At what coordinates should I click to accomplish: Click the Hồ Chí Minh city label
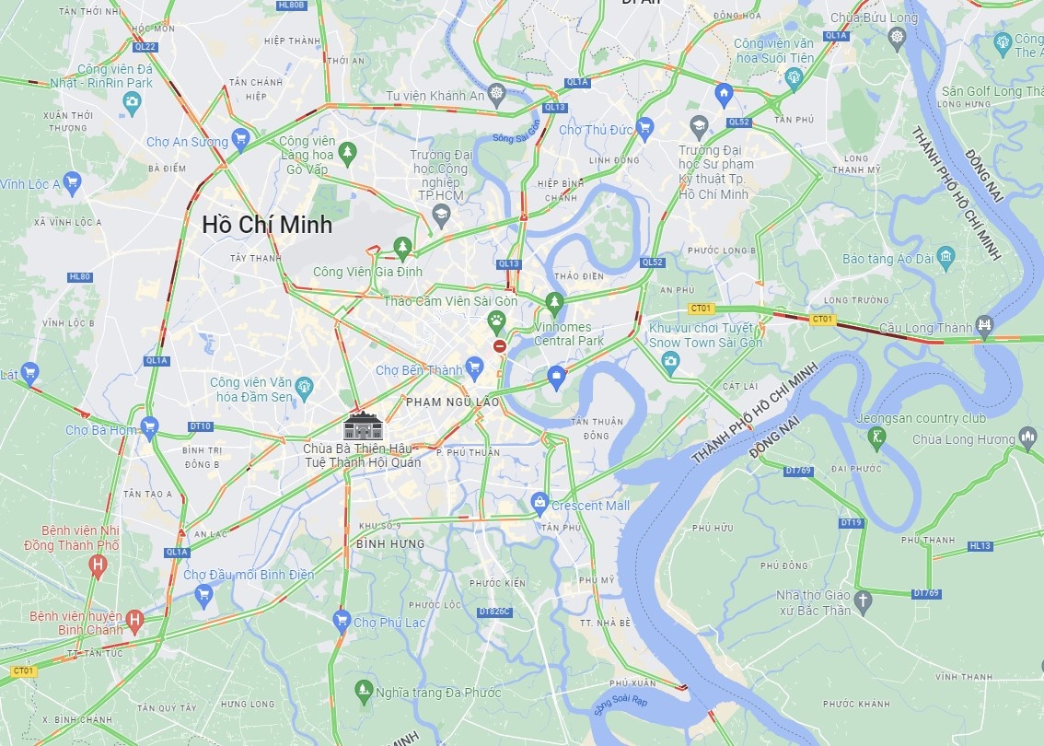[267, 224]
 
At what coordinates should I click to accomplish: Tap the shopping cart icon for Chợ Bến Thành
[475, 370]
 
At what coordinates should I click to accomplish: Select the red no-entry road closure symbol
[499, 346]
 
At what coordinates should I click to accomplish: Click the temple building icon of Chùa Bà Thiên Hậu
[362, 426]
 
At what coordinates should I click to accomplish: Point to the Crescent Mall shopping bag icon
[540, 503]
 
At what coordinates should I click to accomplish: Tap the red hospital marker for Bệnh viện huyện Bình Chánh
[135, 620]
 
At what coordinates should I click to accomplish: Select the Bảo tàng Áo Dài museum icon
[945, 256]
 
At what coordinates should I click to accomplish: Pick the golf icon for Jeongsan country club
[876, 437]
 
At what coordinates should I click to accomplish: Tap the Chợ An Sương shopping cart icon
[241, 139]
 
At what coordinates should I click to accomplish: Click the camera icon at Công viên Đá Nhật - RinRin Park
[133, 103]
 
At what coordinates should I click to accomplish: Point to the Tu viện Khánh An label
[435, 96]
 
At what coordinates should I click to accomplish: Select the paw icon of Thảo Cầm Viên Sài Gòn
[497, 321]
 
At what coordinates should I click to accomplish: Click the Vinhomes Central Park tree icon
[554, 301]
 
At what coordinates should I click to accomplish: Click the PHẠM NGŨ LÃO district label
[452, 402]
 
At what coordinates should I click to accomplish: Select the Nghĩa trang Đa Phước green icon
[364, 691]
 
